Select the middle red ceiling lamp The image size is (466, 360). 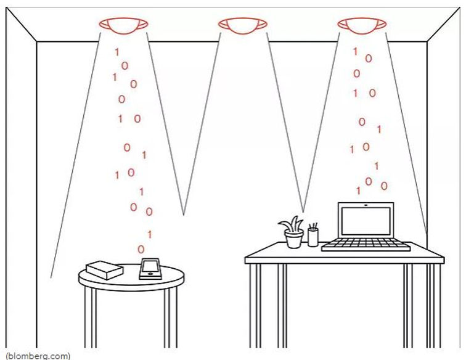pos(242,24)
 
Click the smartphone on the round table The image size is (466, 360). pos(150,269)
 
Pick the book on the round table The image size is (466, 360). pos(104,269)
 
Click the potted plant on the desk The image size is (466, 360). pos(293,232)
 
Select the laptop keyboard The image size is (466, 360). pos(366,245)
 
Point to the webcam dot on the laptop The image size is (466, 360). pos(366,205)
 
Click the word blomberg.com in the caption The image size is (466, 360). pos(37,356)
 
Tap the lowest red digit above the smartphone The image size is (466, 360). pos(141,249)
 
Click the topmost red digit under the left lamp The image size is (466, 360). pos(116,53)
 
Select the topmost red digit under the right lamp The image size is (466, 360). pos(355,51)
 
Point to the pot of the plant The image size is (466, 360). pos(293,239)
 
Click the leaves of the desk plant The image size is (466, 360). pos(292,223)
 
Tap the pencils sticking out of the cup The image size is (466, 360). pos(314,226)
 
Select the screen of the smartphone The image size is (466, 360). pos(150,267)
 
